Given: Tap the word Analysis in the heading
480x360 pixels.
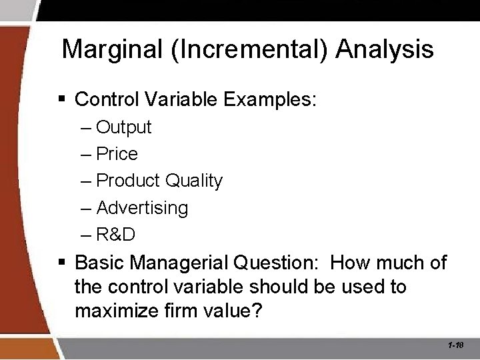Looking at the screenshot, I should tap(385, 49).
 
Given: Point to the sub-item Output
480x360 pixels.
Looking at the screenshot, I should tap(123, 127).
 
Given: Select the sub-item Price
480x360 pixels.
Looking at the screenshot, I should tap(117, 154).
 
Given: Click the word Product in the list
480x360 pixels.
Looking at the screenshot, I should tap(128, 181).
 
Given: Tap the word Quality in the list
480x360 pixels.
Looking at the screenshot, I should tap(193, 181).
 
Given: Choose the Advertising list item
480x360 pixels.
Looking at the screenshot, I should tap(142, 208).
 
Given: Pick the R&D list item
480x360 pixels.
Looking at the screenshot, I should tap(116, 235).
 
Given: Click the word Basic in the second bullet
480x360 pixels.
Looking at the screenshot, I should tap(100, 263).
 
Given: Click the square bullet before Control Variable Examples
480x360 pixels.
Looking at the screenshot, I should tap(62, 100).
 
